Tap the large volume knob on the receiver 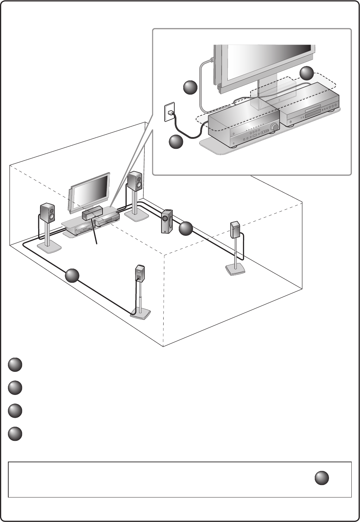pos(274,127)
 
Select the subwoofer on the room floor pos(167,221)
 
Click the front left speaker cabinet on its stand pos(47,212)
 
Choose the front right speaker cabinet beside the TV pos(135,182)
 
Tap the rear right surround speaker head pos(236,230)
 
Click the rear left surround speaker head pos(139,273)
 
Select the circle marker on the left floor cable pos(72,276)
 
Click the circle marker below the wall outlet pos(176,142)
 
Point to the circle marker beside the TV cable pos(190,87)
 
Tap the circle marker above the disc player pos(306,74)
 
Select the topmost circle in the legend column pos(15,365)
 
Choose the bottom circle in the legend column pos(15,434)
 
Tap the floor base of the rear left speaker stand pos(141,313)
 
